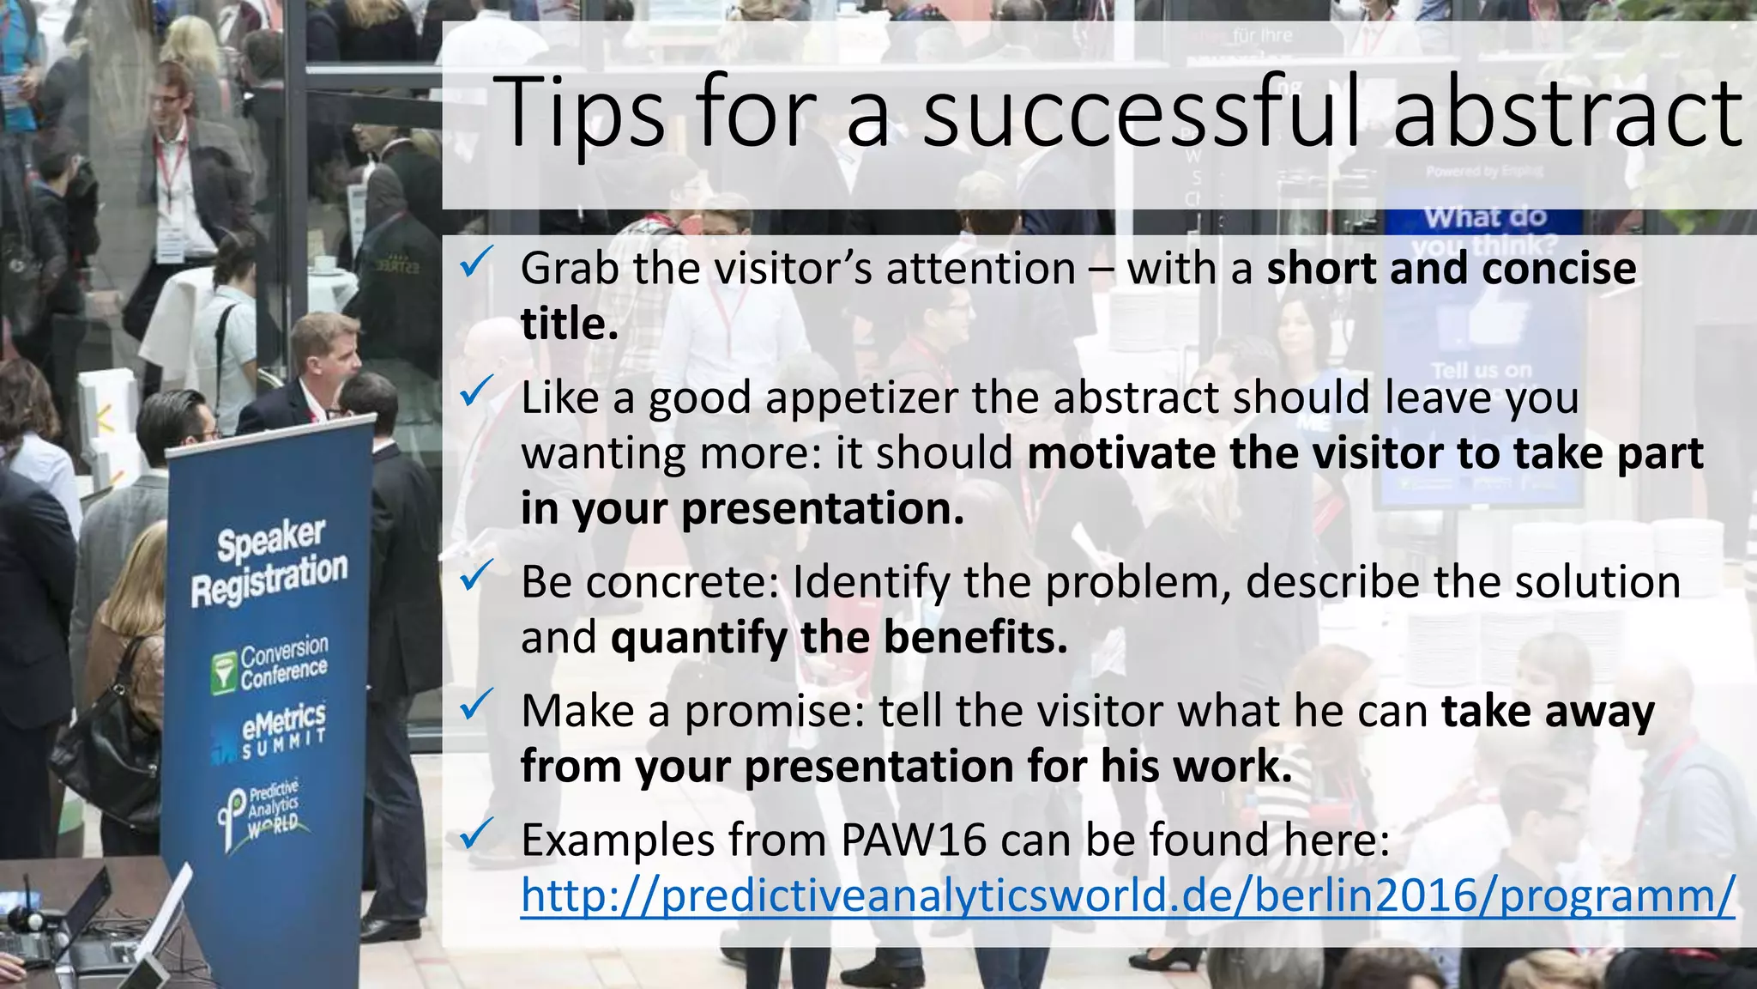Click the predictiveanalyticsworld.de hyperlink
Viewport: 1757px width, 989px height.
coord(1127,895)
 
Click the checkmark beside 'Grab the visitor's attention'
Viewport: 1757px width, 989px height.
coord(476,262)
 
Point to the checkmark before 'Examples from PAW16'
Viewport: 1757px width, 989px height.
coord(476,834)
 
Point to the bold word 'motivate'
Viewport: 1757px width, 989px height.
coord(1120,453)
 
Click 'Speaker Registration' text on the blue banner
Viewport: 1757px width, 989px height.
coord(269,562)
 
